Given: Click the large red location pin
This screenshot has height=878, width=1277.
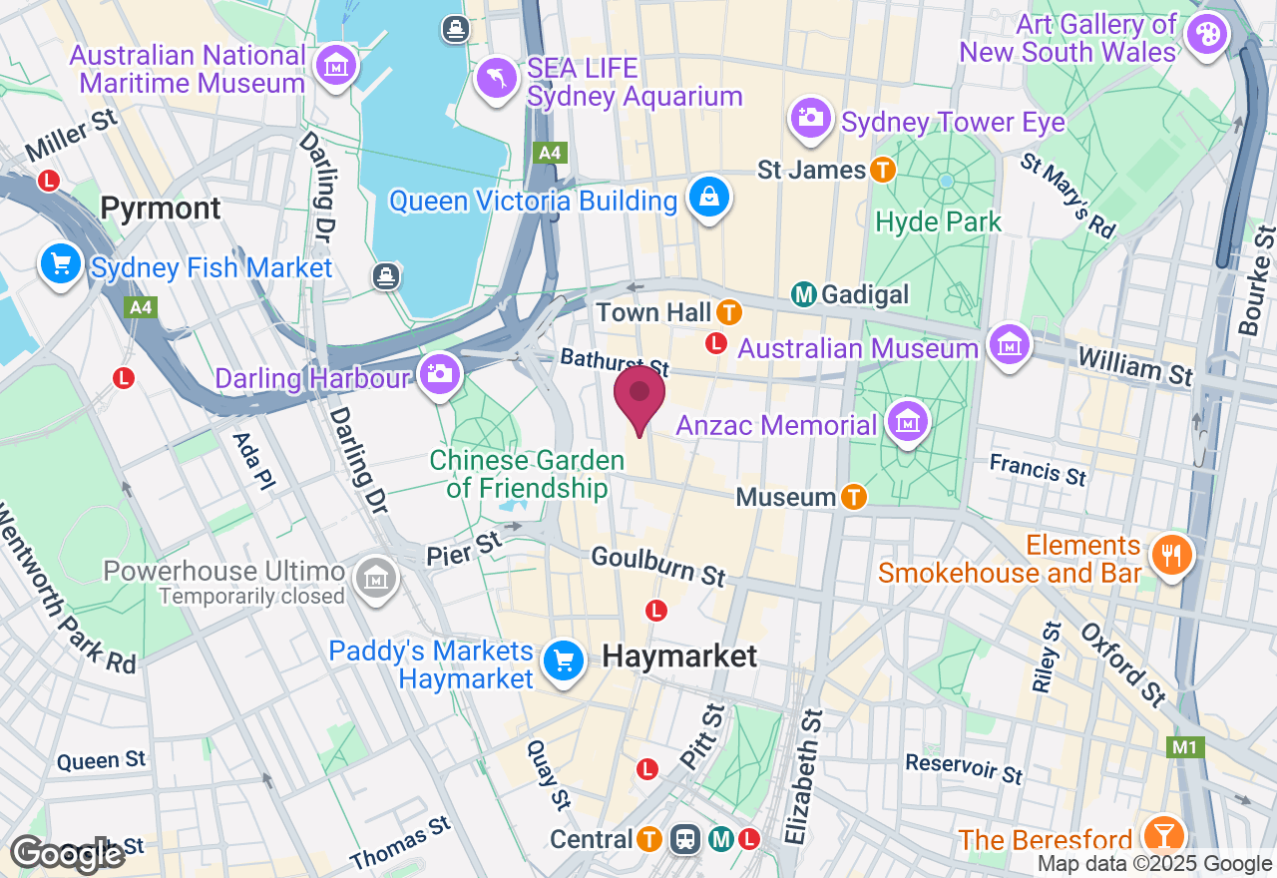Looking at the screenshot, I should pyautogui.click(x=638, y=395).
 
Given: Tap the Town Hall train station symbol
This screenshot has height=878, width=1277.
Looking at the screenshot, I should pyautogui.click(x=729, y=312).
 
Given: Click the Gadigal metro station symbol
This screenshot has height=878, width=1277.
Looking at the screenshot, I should pyautogui.click(x=804, y=294).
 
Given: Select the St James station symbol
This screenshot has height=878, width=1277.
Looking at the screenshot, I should pyautogui.click(x=882, y=170).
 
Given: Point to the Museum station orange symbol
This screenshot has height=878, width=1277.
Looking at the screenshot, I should pyautogui.click(x=853, y=496).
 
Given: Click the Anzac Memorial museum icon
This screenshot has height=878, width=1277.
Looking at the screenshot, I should pyautogui.click(x=907, y=423).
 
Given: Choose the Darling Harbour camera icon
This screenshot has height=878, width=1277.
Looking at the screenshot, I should pyautogui.click(x=439, y=375).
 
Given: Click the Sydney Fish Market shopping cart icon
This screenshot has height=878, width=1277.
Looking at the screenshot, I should pyautogui.click(x=61, y=265).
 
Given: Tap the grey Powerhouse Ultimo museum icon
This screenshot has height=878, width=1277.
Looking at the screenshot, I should pyautogui.click(x=376, y=578).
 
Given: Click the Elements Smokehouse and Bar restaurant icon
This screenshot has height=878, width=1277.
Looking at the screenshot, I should pyautogui.click(x=1169, y=554).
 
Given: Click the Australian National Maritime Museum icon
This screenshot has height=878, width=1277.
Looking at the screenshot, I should pyautogui.click(x=335, y=66).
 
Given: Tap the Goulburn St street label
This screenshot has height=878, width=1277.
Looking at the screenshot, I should pyautogui.click(x=658, y=565).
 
